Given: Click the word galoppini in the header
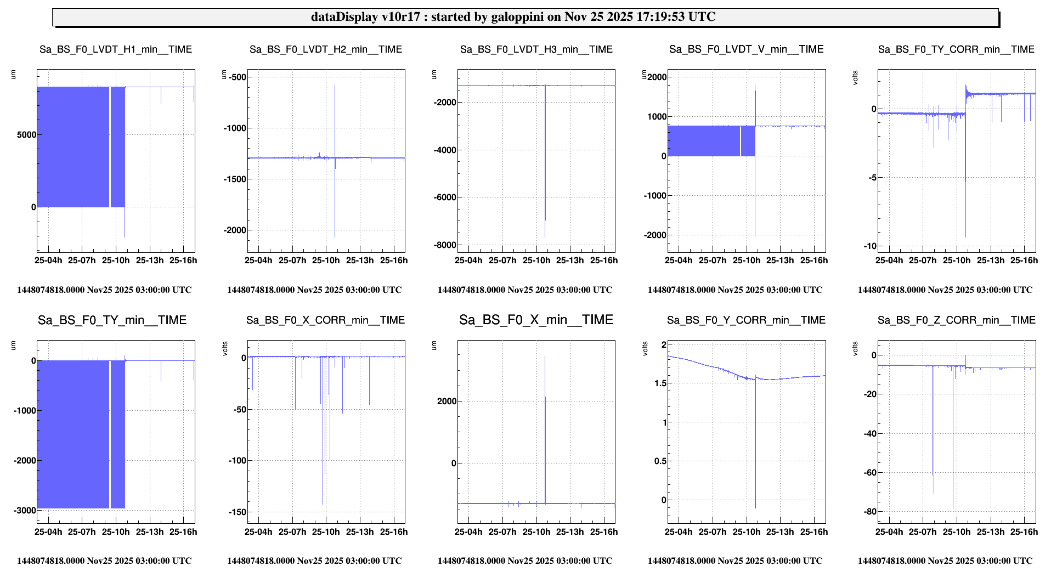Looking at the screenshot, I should point(517,17).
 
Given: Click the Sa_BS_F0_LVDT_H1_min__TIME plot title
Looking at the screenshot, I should point(116,49).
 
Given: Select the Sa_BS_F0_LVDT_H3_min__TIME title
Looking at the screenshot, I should point(536,49).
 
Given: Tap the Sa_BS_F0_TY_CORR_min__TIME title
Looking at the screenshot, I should point(956,49).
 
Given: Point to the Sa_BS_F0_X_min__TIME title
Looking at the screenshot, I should point(536,320).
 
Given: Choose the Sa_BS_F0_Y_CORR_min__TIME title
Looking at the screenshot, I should point(746,320).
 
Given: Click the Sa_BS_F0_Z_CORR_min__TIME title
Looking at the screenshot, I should point(956,320).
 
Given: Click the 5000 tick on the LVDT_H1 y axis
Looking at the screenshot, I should point(26,135).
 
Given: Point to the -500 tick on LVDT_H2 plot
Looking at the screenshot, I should point(237,77).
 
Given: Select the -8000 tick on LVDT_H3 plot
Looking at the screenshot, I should point(444,245).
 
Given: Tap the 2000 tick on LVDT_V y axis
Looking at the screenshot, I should point(657,77).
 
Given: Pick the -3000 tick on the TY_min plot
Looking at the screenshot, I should point(25,511).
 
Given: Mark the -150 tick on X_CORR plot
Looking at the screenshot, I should point(237,512).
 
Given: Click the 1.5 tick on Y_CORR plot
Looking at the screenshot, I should point(660,383).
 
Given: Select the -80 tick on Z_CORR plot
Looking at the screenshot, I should point(869,512).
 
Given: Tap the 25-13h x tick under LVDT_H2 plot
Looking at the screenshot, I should point(360,261).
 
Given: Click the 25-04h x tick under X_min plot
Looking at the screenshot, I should point(468,532).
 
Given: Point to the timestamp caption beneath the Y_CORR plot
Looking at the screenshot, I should point(735,561).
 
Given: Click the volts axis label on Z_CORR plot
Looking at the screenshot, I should point(855,349).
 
